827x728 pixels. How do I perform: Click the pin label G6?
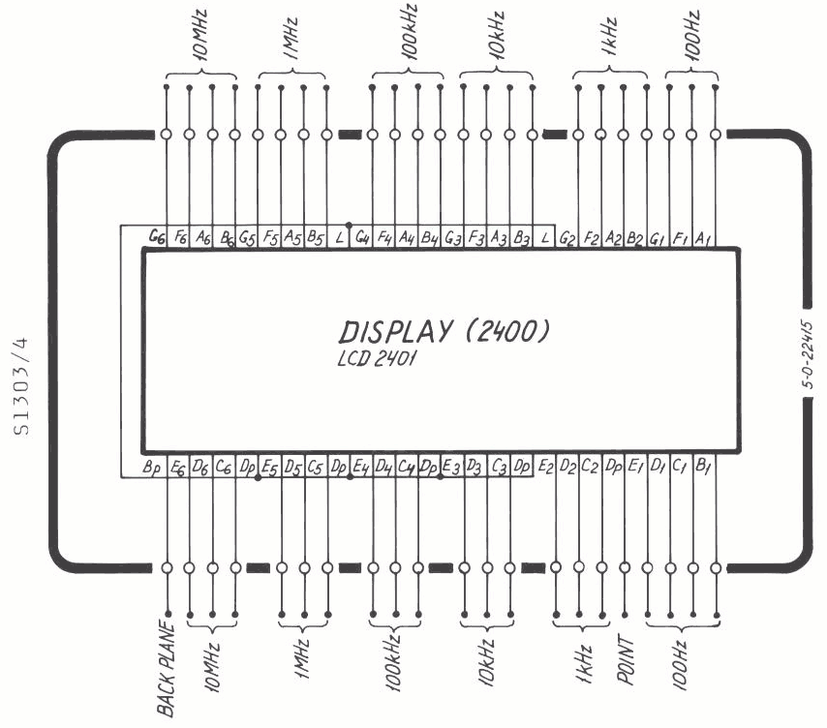pos(157,237)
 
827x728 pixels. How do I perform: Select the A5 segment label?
pos(292,238)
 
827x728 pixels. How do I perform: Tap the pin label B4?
pos(429,238)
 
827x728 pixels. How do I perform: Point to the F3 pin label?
pos(475,238)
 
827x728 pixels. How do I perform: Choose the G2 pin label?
pos(567,239)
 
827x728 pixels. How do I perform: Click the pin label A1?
pos(702,239)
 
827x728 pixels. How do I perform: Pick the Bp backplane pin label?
pos(151,468)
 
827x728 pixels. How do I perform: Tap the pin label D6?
pos(200,468)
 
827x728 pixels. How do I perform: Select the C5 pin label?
pos(315,468)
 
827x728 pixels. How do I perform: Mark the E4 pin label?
pos(361,467)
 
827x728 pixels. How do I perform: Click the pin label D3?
pos(475,467)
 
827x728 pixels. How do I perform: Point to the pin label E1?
pos(636,467)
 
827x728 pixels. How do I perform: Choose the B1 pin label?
pos(703,466)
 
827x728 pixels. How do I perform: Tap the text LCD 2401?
pos(377,358)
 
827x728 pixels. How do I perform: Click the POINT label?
pos(626,660)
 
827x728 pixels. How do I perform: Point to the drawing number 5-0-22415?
pos(808,354)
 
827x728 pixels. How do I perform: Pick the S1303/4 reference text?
pos(21,386)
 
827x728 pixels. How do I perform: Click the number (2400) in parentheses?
pos(507,331)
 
